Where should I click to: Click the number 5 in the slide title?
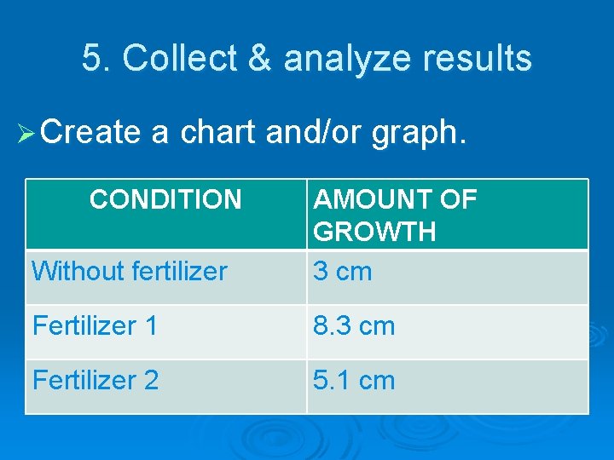tap(90, 59)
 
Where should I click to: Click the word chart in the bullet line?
tap(219, 132)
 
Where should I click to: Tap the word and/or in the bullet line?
tap(314, 133)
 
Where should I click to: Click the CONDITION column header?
tap(165, 200)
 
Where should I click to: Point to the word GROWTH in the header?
tap(374, 232)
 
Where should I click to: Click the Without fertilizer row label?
tap(130, 272)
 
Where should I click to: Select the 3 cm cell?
tap(342, 272)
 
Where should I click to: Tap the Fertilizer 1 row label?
tap(95, 326)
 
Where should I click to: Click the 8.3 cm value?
tap(353, 326)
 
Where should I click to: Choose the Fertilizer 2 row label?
tap(96, 381)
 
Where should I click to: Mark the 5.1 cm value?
tap(353, 381)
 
